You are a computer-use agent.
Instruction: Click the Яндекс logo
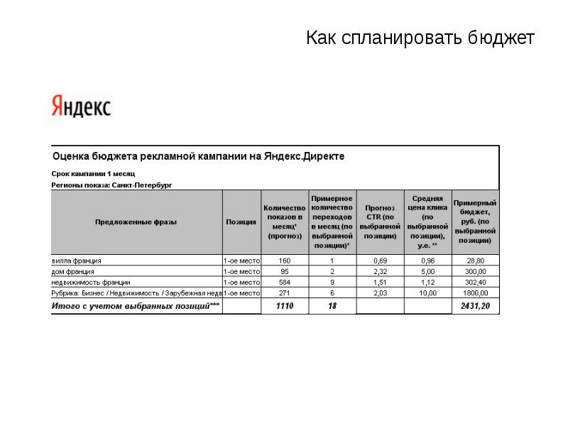[x=81, y=106]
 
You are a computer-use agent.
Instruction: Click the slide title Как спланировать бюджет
[x=420, y=38]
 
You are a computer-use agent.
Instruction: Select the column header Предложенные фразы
[x=136, y=222]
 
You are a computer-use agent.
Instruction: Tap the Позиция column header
[x=241, y=222]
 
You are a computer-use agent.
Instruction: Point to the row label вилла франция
[x=77, y=261]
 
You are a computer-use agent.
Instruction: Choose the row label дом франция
[x=73, y=271]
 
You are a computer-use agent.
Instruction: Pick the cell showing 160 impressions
[x=285, y=261]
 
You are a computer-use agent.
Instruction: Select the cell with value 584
[x=285, y=282]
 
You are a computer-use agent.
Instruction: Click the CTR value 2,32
[x=380, y=271]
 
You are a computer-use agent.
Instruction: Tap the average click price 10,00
[x=428, y=293]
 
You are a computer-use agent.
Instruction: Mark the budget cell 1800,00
[x=476, y=293]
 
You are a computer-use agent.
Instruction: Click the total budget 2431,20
[x=476, y=306]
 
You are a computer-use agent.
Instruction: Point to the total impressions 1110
[x=285, y=306]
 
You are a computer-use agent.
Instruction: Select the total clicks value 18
[x=332, y=306]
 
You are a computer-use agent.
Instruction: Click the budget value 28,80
[x=476, y=261]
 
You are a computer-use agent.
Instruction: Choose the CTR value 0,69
[x=380, y=261]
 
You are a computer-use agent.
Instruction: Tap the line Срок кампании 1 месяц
[x=93, y=173]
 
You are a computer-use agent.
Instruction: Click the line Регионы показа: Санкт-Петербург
[x=111, y=185]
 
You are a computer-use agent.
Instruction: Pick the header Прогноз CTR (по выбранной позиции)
[x=380, y=222]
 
